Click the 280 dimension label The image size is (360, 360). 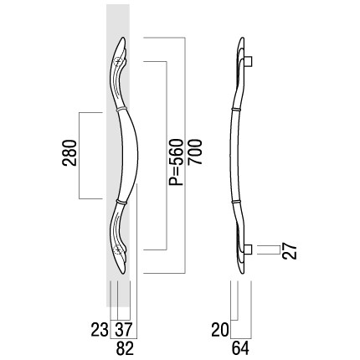coord(69,153)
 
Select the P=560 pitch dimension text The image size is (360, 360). coord(177,162)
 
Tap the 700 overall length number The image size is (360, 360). coord(194,152)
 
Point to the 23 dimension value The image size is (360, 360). coord(100,329)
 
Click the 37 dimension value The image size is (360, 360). coord(123,329)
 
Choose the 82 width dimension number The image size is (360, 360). coord(125,348)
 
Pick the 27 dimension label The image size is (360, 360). coord(289,251)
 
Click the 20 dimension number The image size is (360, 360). coord(220,330)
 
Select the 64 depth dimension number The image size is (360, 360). coord(240,348)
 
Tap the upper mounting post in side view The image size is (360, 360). coord(249,61)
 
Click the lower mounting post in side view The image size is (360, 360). coord(249,249)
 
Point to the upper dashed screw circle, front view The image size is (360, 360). coord(118,61)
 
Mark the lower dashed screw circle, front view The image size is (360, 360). coord(118,249)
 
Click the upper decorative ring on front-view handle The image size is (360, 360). coord(121,109)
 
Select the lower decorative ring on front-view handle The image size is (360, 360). coord(121,201)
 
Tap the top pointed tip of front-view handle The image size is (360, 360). coord(124,38)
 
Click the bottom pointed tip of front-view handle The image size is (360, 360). coord(124,273)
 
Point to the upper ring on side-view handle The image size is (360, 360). coord(236,109)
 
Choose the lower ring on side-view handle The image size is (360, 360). coord(236,201)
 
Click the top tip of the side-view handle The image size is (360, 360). coord(243,38)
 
